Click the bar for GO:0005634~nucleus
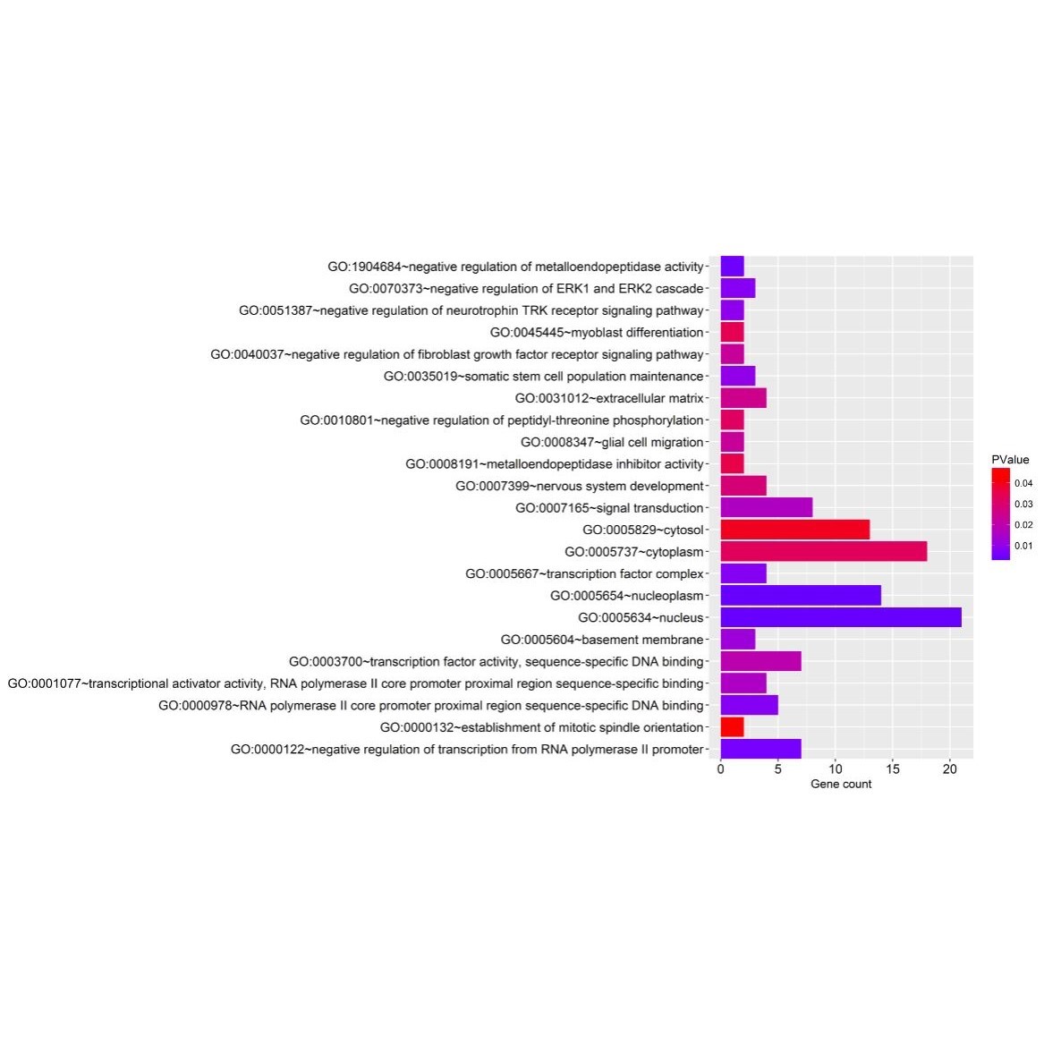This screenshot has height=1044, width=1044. pos(840,617)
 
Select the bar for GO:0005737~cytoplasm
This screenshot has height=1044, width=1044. pos(823,551)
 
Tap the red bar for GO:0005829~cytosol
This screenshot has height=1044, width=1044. pos(794,530)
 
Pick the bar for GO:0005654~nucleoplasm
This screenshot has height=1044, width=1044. pos(800,596)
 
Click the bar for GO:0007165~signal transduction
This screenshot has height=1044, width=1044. pos(766,507)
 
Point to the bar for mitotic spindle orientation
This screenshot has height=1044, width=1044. pos(732,727)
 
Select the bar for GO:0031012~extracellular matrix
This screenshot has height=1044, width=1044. pos(743,398)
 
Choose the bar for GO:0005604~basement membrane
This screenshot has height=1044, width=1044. pos(737,640)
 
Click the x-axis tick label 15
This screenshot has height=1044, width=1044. pos(893,768)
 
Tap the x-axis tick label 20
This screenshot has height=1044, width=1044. pos(950,768)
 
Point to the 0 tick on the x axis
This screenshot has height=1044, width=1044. pos(720,768)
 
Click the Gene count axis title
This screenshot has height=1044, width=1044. pos(841,785)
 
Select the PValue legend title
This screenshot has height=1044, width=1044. pos(1010,460)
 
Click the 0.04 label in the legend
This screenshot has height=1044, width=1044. pos(1023,483)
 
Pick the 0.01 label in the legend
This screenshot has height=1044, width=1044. pos(1023,546)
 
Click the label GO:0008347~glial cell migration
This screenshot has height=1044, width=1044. pos(612,442)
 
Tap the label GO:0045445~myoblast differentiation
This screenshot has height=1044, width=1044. pos(597,333)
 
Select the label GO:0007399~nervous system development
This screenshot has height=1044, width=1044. pos(580,486)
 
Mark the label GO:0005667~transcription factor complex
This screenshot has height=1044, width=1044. pos(584,574)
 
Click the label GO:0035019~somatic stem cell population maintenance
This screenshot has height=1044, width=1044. pos(544,377)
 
